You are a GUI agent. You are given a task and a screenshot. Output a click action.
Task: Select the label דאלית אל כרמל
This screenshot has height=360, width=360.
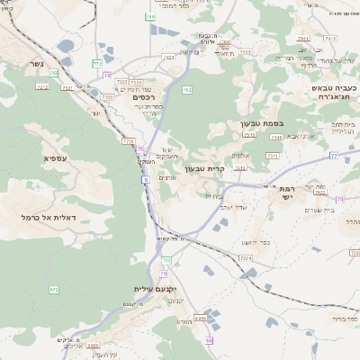click(53, 219)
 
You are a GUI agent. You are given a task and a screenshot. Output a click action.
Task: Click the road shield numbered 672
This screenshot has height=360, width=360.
click(55, 290)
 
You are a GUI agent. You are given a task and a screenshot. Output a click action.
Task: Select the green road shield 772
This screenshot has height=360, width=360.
click(96, 63)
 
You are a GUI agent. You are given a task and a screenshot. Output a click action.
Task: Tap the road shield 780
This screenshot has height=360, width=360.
click(150, 16)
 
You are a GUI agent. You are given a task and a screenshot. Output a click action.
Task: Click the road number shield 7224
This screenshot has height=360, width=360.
click(246, 257)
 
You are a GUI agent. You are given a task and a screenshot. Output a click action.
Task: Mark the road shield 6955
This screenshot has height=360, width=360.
click(201, 318)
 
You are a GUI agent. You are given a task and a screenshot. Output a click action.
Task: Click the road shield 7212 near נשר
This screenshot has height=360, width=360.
click(42, 86)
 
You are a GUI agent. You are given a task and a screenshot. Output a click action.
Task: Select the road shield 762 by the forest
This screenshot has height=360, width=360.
click(188, 90)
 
